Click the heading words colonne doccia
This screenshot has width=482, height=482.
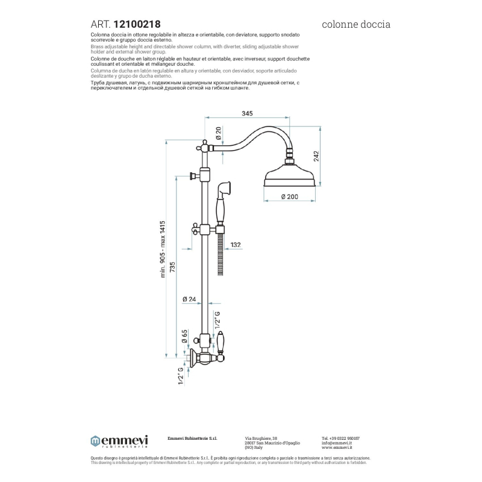point(357,25)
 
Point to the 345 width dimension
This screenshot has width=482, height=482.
point(246,113)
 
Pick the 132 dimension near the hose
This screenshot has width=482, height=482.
point(236,244)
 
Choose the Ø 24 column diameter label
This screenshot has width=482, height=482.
point(189,299)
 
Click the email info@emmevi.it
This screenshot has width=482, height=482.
point(337,443)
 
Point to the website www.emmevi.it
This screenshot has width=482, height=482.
point(337,448)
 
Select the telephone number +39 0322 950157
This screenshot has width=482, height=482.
point(340,438)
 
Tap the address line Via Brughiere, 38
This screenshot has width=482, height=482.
point(261,438)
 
